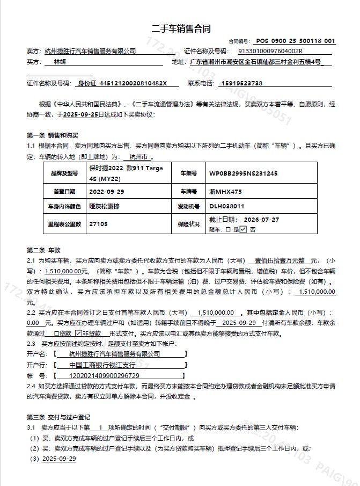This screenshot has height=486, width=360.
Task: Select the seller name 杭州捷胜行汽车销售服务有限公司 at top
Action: (90, 51)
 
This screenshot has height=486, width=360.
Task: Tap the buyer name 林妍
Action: (60, 62)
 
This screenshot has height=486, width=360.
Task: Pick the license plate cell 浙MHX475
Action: (225, 191)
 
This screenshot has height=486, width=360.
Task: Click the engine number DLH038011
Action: (227, 206)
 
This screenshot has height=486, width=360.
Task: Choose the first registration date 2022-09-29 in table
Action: (106, 191)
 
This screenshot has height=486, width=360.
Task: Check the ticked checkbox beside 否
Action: (243, 229)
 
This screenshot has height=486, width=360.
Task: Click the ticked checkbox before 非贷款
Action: (78, 333)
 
